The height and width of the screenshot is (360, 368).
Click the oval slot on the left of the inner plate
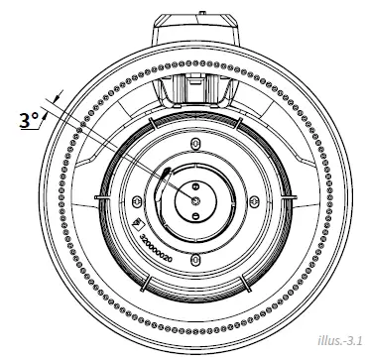[140, 201]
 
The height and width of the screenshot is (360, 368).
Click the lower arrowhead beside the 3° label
[47, 127]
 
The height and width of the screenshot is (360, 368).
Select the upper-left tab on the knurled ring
[150, 124]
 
